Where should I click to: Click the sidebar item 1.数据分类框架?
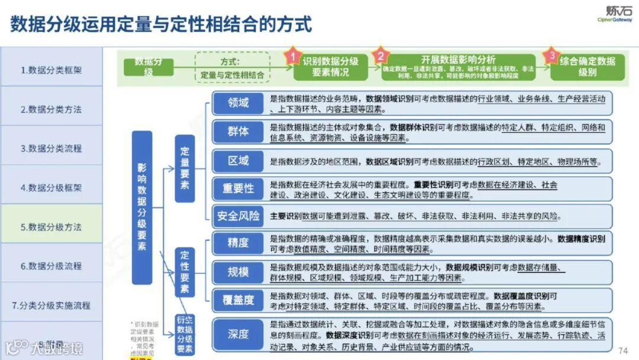[x=51, y=70]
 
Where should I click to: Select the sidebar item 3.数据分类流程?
[x=51, y=149]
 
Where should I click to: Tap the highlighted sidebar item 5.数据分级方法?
[x=51, y=227]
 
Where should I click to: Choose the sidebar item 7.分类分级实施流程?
[x=51, y=306]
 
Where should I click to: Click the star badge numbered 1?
[x=292, y=57]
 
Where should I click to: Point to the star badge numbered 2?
[x=381, y=56]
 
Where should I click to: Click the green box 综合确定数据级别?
[x=588, y=66]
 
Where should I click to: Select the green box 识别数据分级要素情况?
[x=330, y=67]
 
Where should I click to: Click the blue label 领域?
[x=238, y=103]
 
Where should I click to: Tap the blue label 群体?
[x=238, y=131]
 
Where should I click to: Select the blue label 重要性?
[x=238, y=188]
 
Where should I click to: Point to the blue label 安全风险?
[x=238, y=216]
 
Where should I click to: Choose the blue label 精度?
[x=238, y=243]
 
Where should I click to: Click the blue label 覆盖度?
[x=238, y=300]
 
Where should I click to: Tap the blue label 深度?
[x=238, y=334]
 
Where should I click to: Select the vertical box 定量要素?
[x=185, y=168]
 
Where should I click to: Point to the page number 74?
[x=622, y=350]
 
